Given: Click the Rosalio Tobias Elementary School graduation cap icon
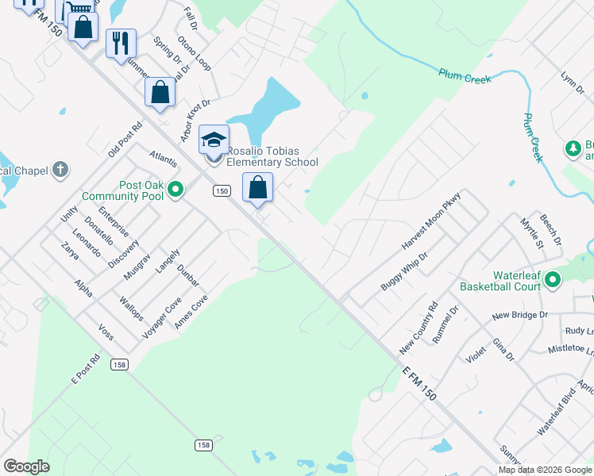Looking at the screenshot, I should click(214, 140).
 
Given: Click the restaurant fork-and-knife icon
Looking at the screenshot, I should click(121, 43).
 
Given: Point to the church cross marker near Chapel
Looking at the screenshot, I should click(60, 170).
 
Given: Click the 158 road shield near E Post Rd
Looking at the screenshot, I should click(120, 364).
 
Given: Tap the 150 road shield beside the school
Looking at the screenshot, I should click(222, 190).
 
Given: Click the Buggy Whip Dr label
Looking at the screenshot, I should click(404, 271).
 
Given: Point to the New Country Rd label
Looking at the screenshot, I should click(418, 328).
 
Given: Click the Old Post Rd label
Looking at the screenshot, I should click(125, 139).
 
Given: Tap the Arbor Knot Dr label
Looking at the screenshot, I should click(195, 121).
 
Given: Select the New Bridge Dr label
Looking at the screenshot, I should click(520, 315).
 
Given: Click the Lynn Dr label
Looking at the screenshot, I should click(572, 83).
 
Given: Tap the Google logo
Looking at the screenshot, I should click(26, 466).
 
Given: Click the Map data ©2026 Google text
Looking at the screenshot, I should click(545, 470).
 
